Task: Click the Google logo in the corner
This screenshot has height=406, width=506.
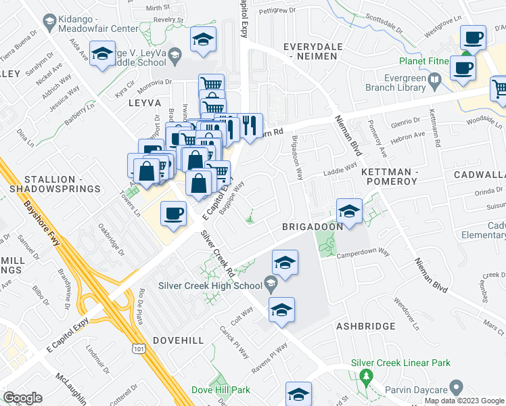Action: [22, 398]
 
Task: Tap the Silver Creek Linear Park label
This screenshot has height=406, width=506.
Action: [400, 363]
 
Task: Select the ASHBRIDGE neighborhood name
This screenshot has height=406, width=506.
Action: [366, 326]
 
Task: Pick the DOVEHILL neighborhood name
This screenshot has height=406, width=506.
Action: [178, 340]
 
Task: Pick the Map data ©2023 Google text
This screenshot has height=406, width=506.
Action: [465, 401]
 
